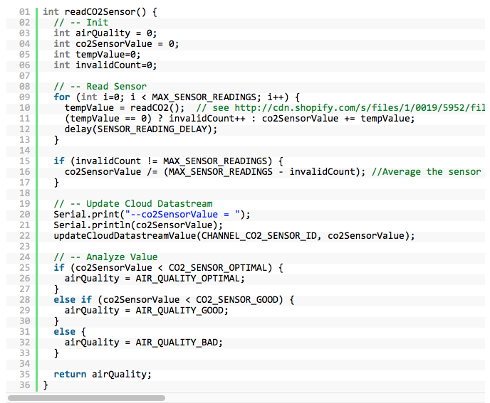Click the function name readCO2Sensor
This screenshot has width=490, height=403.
pyautogui.click(x=102, y=12)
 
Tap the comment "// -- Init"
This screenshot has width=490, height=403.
pyautogui.click(x=81, y=23)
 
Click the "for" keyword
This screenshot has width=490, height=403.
pyautogui.click(x=62, y=97)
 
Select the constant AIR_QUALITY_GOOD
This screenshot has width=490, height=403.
pyautogui.click(x=177, y=310)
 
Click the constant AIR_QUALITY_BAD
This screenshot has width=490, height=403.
pyautogui.click(x=174, y=342)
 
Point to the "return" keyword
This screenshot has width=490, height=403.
pyautogui.click(x=70, y=374)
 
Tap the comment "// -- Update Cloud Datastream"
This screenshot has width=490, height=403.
pyautogui.click(x=133, y=203)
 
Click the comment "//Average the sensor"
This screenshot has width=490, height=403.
pyautogui.click(x=427, y=171)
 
